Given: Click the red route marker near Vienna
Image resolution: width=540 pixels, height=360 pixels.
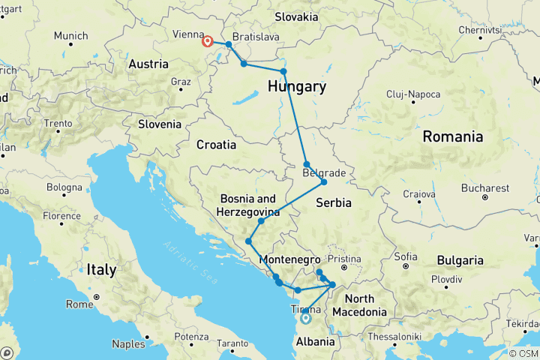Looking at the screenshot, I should point(208,42).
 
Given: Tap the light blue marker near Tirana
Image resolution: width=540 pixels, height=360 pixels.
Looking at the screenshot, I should point(305,318).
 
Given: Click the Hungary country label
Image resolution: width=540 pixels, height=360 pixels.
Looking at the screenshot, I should point(297,87).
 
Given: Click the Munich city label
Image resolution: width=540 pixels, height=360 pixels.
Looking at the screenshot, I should point(70,35).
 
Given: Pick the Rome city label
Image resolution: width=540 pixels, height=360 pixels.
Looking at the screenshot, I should point(79,304).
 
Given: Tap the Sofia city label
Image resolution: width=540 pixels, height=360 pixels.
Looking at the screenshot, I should point(405,256).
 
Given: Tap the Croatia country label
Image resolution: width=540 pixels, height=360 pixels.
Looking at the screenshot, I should point(216,144).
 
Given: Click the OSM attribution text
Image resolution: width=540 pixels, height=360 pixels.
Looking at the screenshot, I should point(523,353).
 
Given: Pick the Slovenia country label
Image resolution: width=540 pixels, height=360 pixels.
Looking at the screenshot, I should point(162,124).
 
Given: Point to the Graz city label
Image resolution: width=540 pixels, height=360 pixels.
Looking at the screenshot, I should point(181,82).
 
